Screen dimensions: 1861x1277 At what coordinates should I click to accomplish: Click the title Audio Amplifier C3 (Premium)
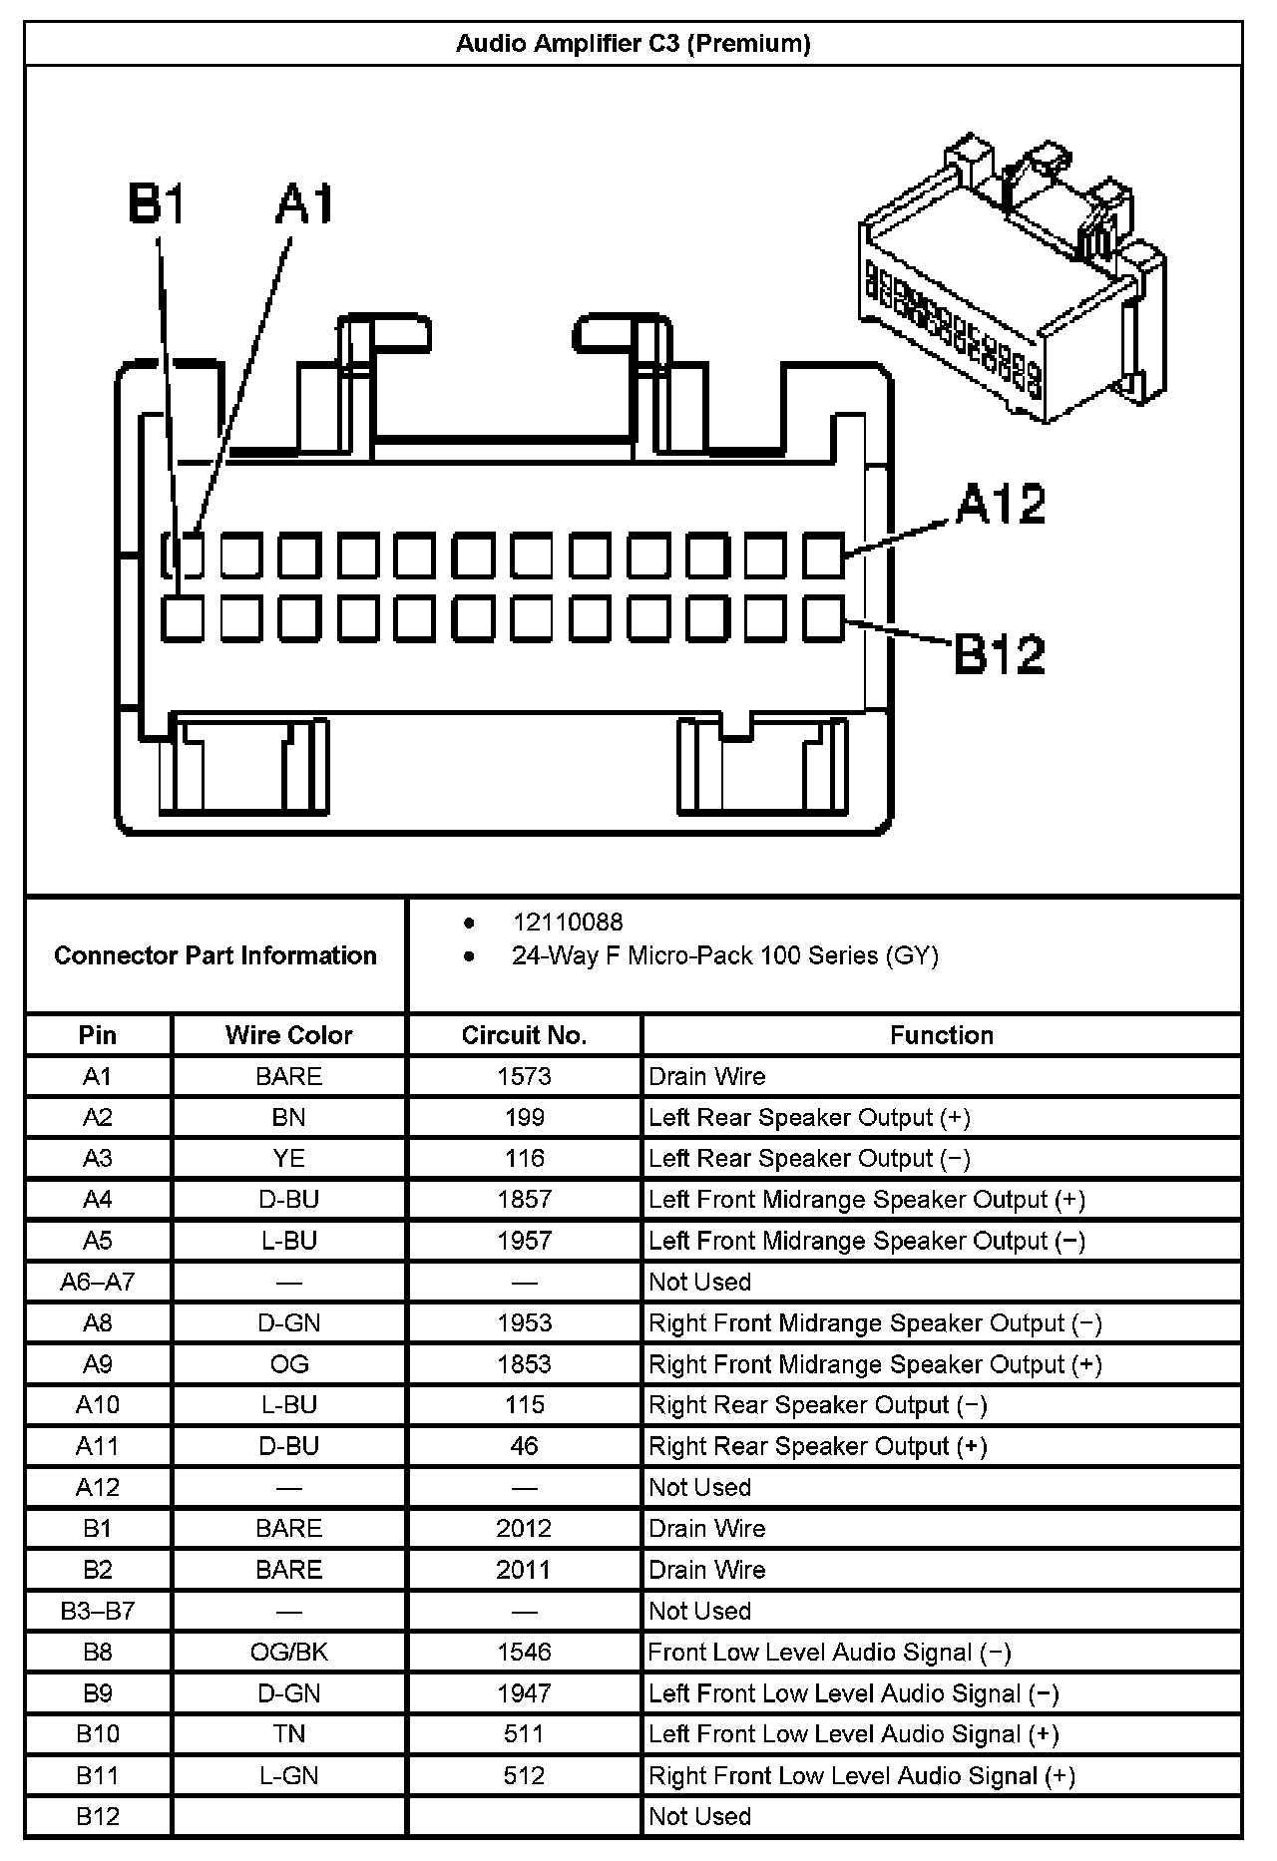click(x=633, y=44)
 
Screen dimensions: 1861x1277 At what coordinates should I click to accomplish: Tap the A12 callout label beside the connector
click(x=1000, y=504)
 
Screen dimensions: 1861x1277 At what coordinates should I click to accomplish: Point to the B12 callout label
click(x=1000, y=654)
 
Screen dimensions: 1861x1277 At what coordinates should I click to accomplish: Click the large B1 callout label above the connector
click(x=158, y=204)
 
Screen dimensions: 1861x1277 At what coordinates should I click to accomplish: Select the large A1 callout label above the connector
click(x=305, y=204)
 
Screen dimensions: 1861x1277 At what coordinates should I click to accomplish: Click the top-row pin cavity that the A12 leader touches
click(x=823, y=556)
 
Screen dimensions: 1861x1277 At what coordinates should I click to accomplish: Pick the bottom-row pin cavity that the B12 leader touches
click(x=823, y=618)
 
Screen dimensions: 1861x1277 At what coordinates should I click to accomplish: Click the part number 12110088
click(x=568, y=923)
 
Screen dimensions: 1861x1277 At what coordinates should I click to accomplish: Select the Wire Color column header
click(x=288, y=1035)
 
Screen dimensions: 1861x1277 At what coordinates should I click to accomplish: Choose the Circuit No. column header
click(x=524, y=1035)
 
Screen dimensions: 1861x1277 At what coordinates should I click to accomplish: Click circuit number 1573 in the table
click(x=524, y=1076)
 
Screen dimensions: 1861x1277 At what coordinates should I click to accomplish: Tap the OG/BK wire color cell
click(x=288, y=1653)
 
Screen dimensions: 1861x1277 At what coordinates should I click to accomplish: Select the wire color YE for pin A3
click(x=288, y=1159)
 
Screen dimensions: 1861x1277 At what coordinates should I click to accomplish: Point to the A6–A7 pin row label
click(x=97, y=1282)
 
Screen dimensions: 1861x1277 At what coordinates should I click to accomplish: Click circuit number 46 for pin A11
click(x=524, y=1446)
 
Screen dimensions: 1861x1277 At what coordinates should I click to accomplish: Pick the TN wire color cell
click(x=288, y=1734)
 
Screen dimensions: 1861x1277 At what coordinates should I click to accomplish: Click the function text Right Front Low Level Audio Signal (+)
click(x=862, y=1775)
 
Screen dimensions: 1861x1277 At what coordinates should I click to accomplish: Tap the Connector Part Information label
click(x=215, y=955)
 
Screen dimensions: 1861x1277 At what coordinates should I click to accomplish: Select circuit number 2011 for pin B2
click(x=524, y=1570)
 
